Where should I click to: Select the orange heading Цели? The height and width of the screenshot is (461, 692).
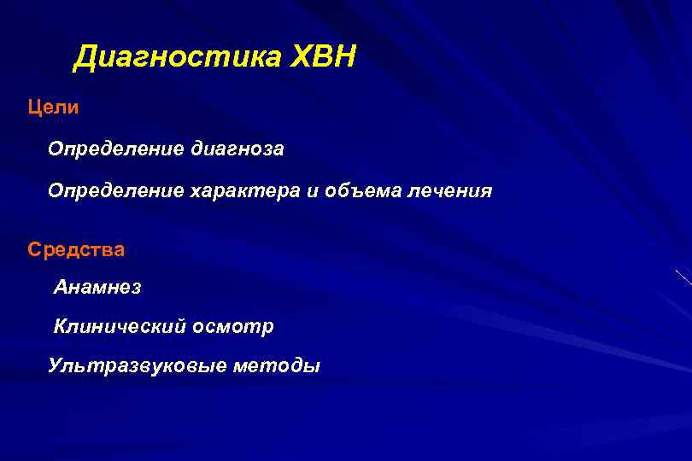[53, 108]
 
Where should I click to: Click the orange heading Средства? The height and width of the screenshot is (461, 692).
[76, 250]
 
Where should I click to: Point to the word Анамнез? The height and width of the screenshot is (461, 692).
[97, 288]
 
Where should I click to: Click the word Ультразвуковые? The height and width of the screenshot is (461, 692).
[127, 366]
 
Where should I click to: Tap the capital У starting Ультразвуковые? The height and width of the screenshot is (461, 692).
[56, 366]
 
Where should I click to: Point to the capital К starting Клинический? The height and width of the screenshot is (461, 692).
[61, 326]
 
